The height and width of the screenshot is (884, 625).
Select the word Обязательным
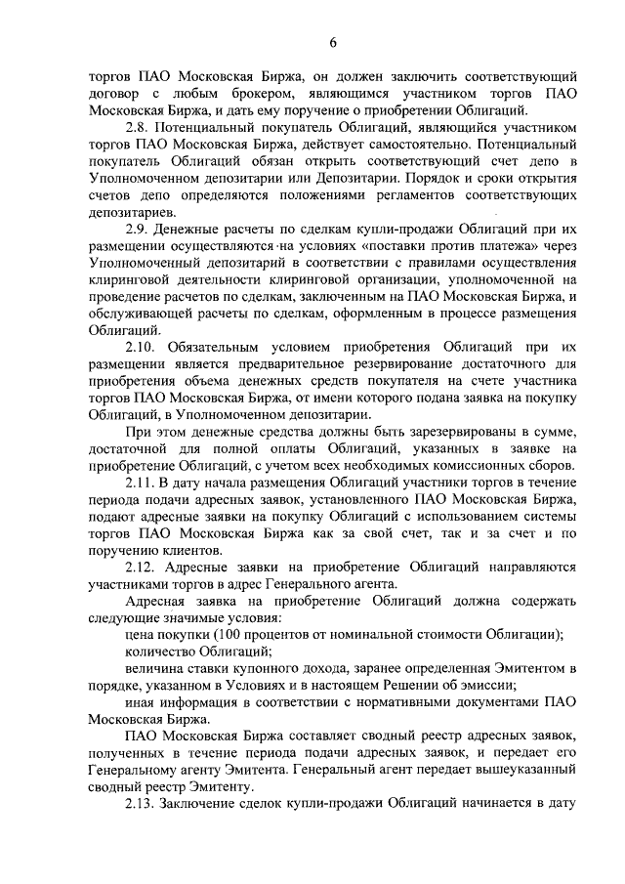[217, 348]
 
